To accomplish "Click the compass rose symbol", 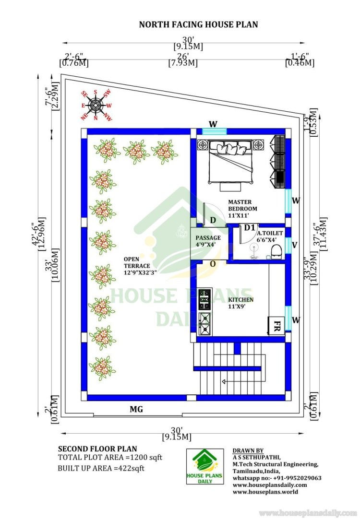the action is (96, 105).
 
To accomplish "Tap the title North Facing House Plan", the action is (198, 24).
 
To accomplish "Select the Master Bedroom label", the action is (242, 205).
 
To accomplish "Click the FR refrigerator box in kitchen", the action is (276, 326).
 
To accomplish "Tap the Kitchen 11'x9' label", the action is (241, 303).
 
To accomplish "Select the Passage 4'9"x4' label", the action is (208, 241).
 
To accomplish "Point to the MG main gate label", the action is (136, 410).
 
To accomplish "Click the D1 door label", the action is (250, 228).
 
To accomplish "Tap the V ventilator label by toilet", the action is (294, 245).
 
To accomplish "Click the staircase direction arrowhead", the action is (224, 382).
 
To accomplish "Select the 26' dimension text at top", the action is (183, 56).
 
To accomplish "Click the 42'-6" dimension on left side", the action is (35, 234).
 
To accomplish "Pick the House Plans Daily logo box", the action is (205, 466).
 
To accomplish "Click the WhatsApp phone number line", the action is (277, 478).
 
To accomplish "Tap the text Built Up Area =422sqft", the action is (101, 468).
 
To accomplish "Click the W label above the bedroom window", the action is (213, 124).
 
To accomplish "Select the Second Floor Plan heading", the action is (97, 449).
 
